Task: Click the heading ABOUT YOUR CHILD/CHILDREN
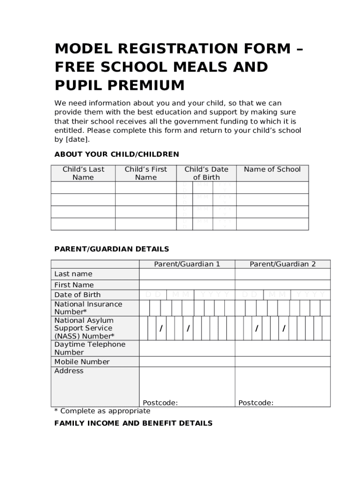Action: [116, 154]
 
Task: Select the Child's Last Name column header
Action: [83, 173]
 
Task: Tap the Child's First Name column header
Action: [145, 173]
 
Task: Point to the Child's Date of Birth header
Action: [206, 173]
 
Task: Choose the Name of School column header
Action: [272, 169]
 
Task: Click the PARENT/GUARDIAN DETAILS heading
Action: [112, 249]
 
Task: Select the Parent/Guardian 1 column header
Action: [187, 264]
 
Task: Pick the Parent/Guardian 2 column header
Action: [282, 264]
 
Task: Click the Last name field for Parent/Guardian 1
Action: [187, 274]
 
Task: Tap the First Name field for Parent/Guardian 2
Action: [282, 285]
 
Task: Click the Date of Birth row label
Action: [78, 295]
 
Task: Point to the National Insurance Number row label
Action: [88, 308]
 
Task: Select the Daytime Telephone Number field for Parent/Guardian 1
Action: [187, 348]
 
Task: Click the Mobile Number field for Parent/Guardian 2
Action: [282, 362]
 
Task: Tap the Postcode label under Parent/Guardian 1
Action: [160, 403]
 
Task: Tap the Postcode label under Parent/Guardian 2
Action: [256, 403]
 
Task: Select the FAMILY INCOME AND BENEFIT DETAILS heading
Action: [133, 423]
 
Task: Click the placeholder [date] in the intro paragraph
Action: [77, 139]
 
